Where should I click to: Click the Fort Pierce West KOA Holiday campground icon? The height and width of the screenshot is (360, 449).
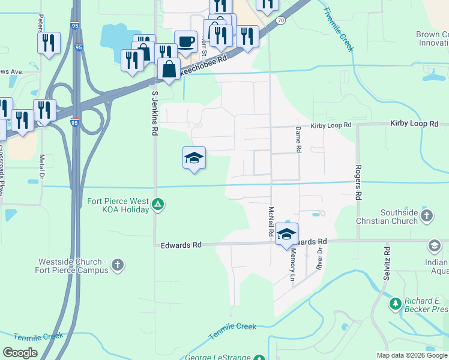pos(157,205)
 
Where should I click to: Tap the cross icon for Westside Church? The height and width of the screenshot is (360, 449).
pos(118,265)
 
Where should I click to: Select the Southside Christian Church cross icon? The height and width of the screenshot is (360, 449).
pos(426,216)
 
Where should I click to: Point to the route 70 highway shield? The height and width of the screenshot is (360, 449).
pos(280,20)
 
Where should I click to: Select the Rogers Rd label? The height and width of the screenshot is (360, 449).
pos(358,182)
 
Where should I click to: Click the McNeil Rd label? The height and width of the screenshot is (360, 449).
pos(271,220)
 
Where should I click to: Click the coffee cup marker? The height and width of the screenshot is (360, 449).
pos(185,41)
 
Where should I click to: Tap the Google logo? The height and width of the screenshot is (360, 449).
pos(20,353)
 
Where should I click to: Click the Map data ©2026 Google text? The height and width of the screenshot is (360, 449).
pos(412,355)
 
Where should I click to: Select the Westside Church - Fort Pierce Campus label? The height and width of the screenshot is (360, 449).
pos(73,266)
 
